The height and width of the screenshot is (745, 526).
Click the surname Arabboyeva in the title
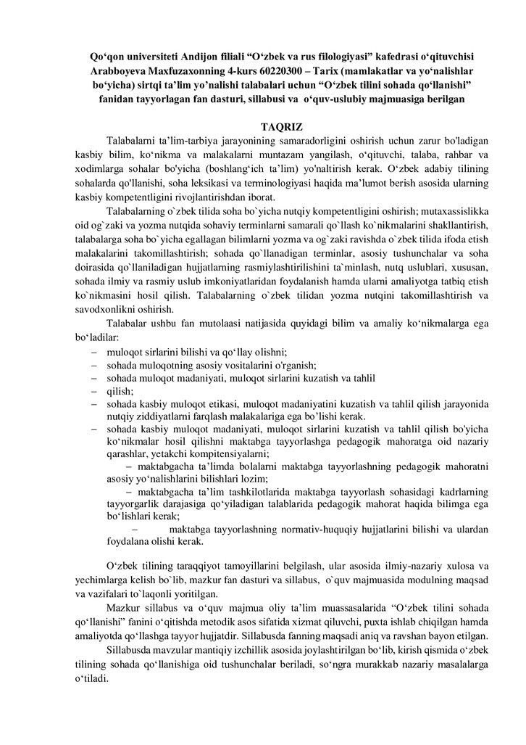pos(123,71)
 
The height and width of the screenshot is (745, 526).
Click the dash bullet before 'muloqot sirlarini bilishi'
pos(94,352)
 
